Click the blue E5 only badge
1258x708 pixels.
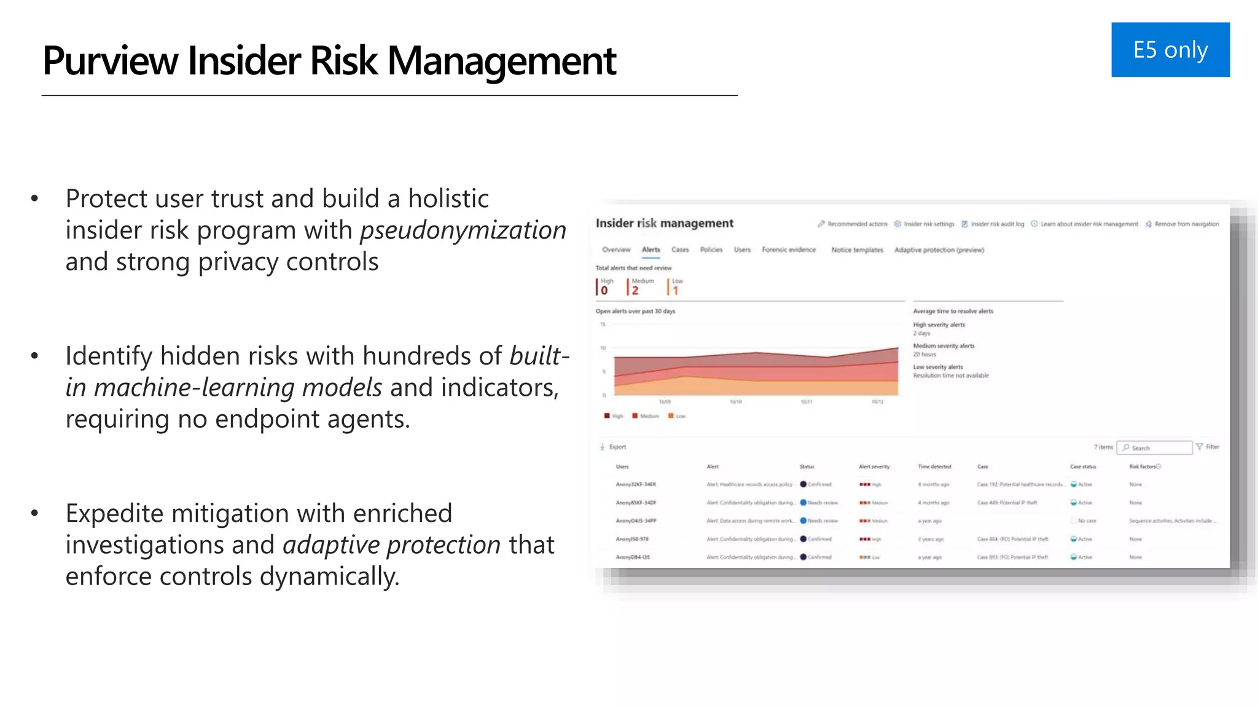(1170, 50)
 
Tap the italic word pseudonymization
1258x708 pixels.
(463, 230)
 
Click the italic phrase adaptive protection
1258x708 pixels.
(391, 545)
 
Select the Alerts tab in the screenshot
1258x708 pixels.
(650, 250)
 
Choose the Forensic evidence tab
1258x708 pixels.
(789, 250)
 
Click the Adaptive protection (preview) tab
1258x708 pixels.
(939, 250)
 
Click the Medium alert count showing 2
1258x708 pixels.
(635, 290)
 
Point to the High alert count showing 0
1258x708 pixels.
(604, 290)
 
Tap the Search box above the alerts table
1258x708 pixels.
(1154, 448)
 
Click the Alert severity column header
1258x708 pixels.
(873, 467)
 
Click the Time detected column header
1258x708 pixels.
(934, 467)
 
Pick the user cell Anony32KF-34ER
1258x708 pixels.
(636, 485)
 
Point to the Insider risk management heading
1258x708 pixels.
(664, 224)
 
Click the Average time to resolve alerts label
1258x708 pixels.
(953, 312)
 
